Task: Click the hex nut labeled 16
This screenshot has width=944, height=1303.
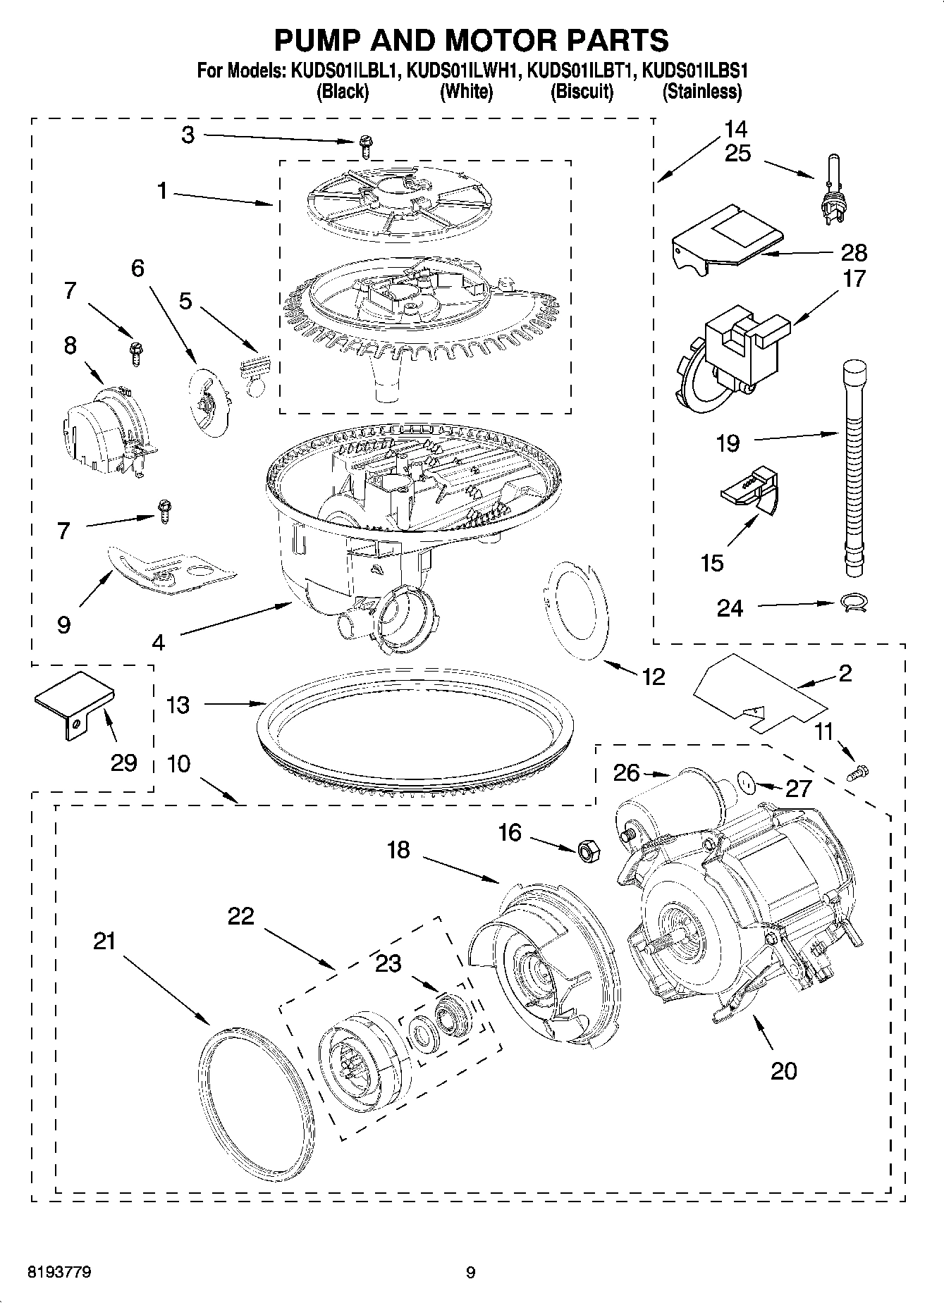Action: (x=587, y=851)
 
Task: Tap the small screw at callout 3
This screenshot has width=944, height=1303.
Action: (x=365, y=147)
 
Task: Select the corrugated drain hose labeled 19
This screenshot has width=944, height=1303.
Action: (x=852, y=465)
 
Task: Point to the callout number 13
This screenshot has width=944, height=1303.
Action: (x=178, y=705)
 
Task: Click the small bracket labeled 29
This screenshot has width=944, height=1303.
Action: (x=73, y=702)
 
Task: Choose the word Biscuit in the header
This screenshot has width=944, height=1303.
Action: (x=582, y=92)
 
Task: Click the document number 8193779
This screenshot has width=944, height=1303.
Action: (x=59, y=1272)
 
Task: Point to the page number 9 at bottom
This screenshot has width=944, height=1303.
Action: (x=471, y=1273)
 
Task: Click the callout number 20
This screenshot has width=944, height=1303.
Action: (x=783, y=1070)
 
